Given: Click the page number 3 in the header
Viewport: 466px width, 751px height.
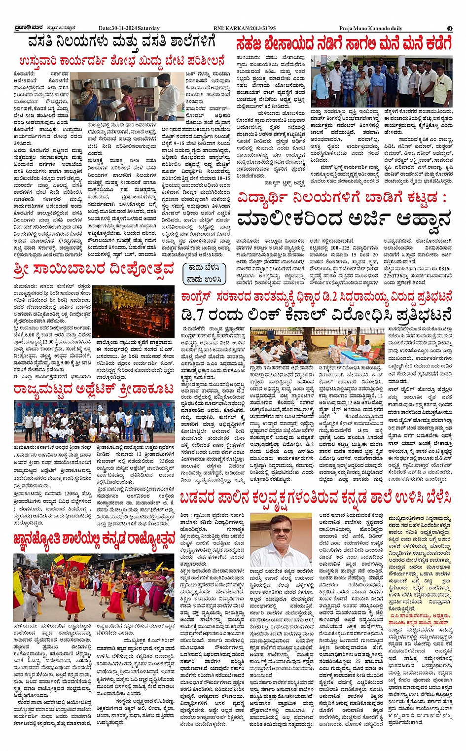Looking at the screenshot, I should [450, 28].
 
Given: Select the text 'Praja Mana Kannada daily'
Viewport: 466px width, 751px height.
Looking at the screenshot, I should [370, 28].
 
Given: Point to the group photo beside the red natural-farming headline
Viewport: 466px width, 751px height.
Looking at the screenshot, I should [381, 82].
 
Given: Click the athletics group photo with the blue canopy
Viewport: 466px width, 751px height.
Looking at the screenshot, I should [94, 422].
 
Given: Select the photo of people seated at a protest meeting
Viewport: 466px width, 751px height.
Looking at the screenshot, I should [310, 346].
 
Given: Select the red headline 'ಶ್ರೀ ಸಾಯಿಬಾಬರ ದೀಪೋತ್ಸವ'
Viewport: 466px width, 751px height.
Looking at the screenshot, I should [94, 270].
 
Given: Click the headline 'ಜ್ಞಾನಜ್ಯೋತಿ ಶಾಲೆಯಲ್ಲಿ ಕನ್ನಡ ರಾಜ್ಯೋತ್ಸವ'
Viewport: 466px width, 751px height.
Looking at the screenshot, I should [94, 539].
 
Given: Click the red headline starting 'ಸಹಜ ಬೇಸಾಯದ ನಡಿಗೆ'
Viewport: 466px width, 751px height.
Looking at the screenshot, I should [343, 44].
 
